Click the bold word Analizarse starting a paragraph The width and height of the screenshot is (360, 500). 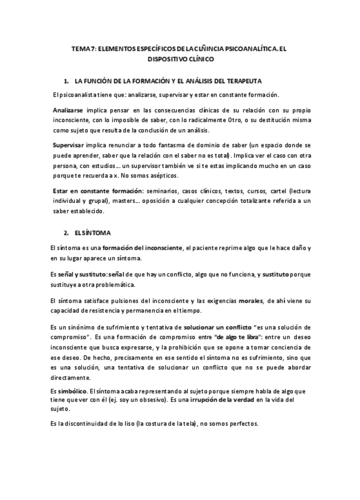point(68,110)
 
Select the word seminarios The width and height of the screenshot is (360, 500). point(166,191)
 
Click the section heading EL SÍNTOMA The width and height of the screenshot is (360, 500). point(93,232)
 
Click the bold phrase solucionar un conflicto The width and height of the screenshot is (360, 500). point(217,327)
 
